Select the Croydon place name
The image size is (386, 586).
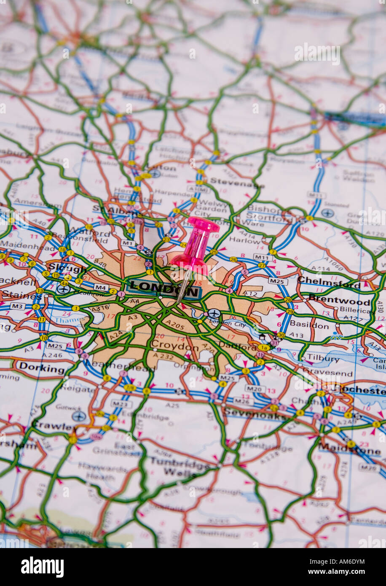click(x=174, y=345)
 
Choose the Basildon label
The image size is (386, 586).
click(x=309, y=325)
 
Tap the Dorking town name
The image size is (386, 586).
click(x=42, y=368)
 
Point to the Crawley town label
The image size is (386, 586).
click(x=54, y=426)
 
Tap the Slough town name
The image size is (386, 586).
click(x=67, y=268)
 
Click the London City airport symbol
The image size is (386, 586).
click(x=214, y=314)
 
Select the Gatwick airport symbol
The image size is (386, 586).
click(x=78, y=416)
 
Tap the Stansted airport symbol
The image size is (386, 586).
click(x=327, y=213)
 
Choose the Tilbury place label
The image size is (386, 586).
click(x=323, y=359)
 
